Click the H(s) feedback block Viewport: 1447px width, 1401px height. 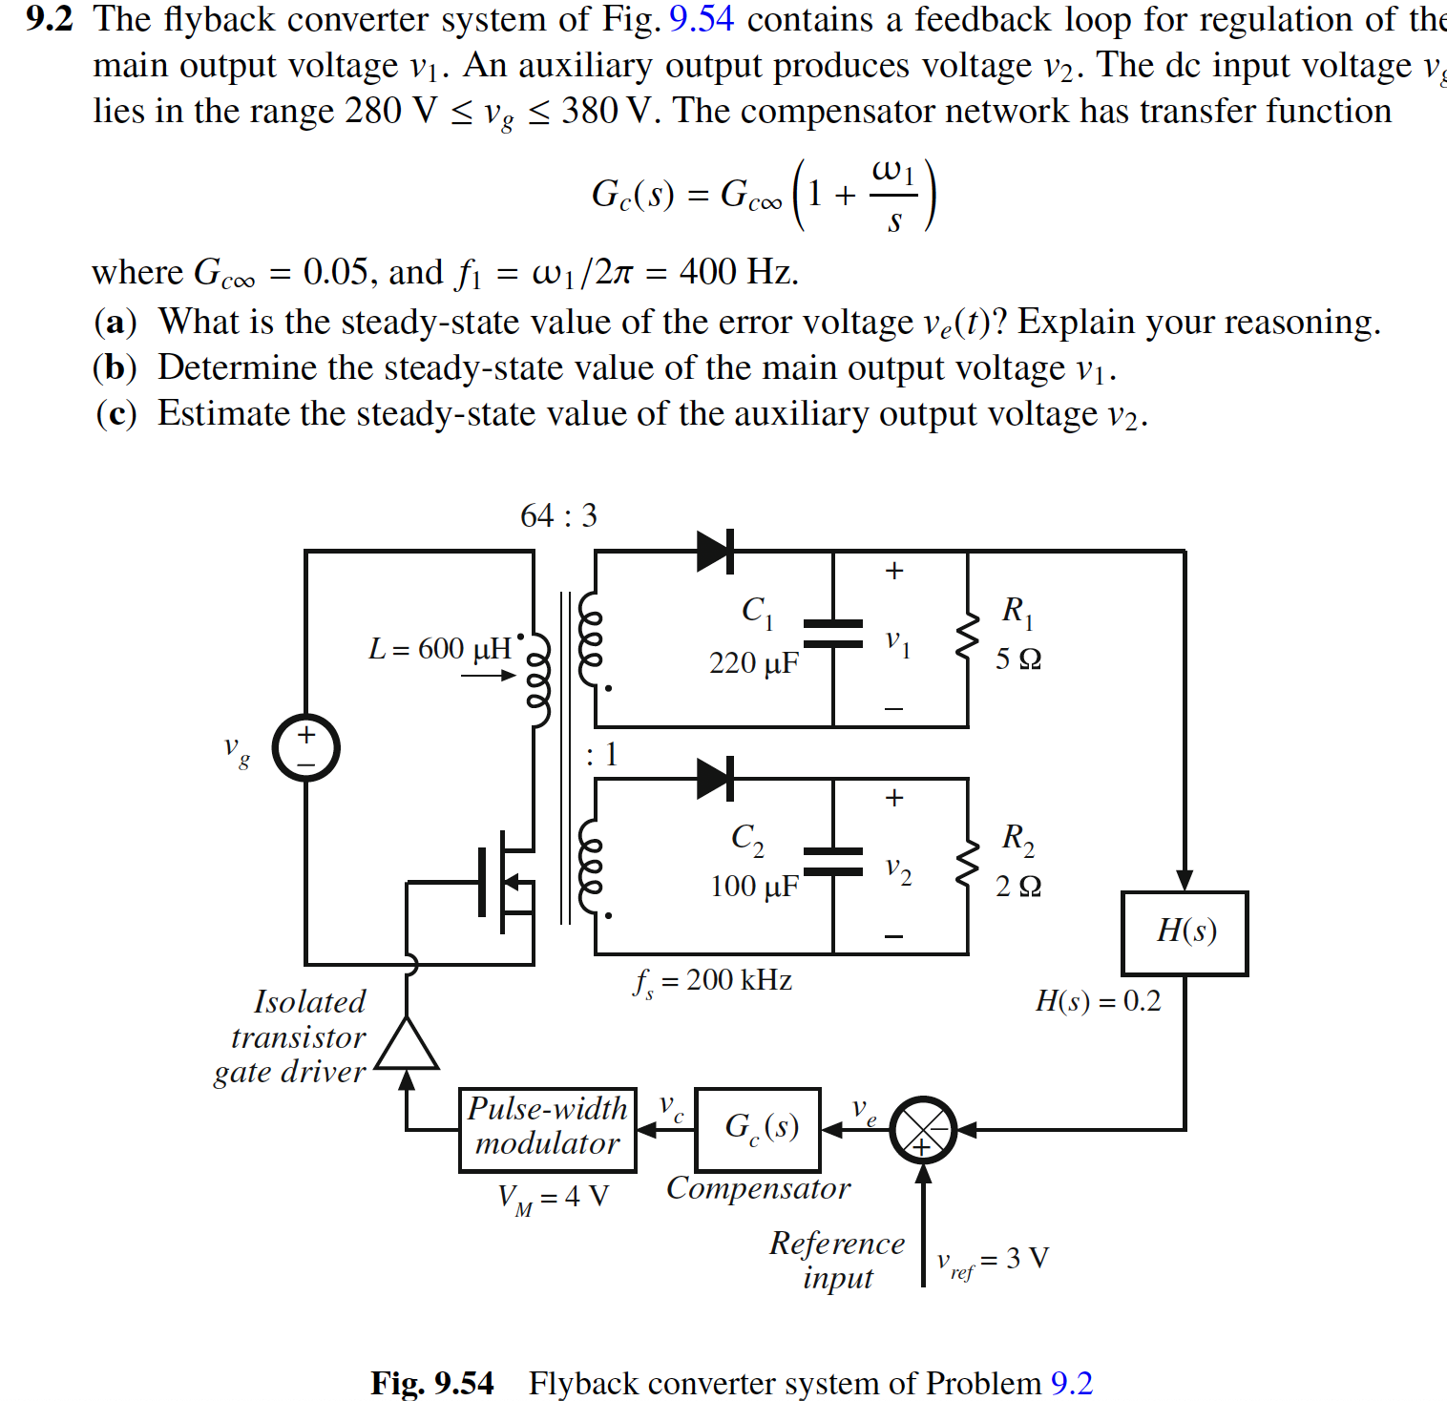pos(1185,932)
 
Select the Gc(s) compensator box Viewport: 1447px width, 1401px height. pos(758,1129)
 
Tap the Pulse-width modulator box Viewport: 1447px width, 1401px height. pos(547,1129)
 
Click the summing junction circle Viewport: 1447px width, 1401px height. pos(922,1130)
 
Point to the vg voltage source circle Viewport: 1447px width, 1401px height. pos(305,747)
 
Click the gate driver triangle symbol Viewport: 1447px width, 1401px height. pos(407,1045)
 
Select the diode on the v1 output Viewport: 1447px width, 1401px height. pos(715,552)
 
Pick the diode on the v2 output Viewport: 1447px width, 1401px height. pos(715,779)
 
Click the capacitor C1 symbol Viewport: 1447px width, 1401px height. pos(833,634)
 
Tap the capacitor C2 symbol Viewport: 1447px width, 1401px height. pos(833,861)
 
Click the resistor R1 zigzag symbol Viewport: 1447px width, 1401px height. pos(968,637)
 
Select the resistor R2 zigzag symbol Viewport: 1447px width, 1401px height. pos(968,864)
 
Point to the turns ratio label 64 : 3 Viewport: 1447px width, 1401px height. pos(558,516)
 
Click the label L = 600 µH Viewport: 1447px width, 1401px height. pos(440,649)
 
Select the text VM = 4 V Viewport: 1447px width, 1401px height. pos(553,1198)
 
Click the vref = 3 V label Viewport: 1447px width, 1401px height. pos(993,1260)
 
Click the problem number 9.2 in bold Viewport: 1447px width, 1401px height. pos(50,19)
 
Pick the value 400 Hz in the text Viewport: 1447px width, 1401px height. pos(737,273)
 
